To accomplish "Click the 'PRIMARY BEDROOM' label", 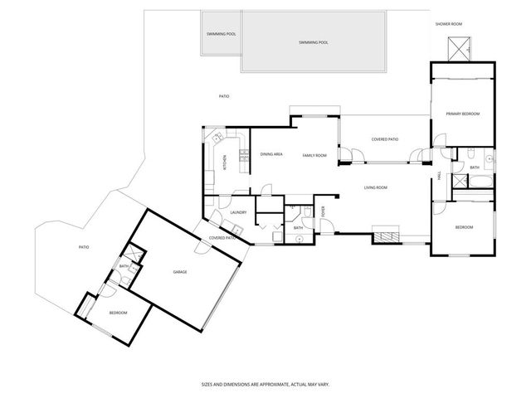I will pos(463,114).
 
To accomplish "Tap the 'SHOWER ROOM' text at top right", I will pos(449,24).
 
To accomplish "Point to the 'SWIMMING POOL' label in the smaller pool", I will pos(220,33).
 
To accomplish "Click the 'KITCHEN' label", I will pos(224,163).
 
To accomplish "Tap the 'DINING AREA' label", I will pos(272,155).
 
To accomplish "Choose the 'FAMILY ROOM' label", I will pos(314,156).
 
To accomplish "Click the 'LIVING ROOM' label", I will pos(376,188).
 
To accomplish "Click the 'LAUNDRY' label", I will pos(240,213).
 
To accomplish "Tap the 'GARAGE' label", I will pos(179,272).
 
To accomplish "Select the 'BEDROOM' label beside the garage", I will pos(118,313).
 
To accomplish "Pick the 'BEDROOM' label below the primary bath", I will pos(463,227).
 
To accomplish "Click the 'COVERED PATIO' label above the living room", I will pos(385,139).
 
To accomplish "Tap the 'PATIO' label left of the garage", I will pos(83,247).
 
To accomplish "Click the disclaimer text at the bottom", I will pos(265,384).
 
